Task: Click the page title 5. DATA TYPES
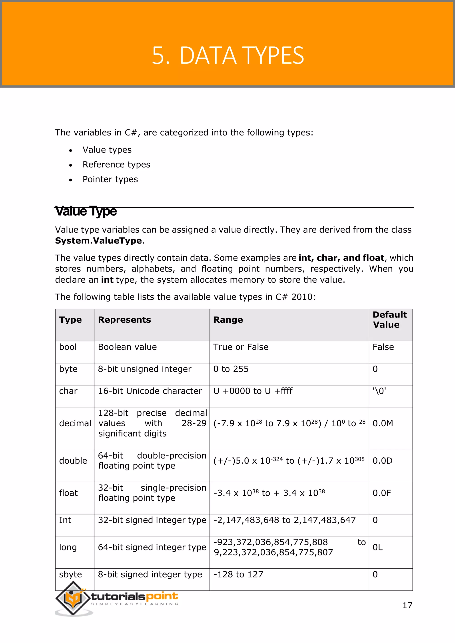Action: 227,56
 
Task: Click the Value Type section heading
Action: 86,211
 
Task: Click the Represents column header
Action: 124,320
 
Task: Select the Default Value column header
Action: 389,320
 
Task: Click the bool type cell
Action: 68,347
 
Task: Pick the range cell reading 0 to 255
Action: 231,369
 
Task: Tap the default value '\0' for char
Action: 379,391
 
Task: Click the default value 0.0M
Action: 383,423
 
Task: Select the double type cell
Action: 73,461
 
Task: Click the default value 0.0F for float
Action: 382,493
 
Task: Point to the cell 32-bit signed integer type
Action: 152,520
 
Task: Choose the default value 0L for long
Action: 377,547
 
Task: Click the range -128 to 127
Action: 238,574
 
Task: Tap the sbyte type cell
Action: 70,574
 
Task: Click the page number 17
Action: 407,605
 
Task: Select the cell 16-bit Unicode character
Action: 150,391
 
